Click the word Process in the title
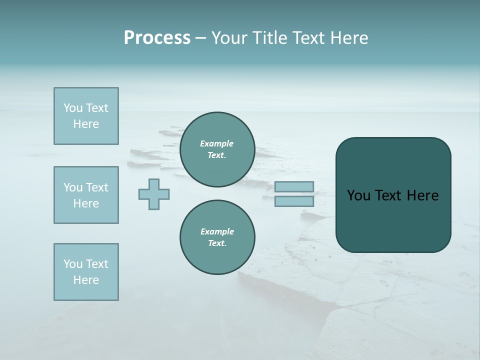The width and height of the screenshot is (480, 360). (x=157, y=38)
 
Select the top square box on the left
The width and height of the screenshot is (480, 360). (x=86, y=116)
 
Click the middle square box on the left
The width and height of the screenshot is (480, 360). (x=86, y=195)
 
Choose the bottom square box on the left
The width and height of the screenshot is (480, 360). (x=86, y=272)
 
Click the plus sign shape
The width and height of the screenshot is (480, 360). (x=154, y=194)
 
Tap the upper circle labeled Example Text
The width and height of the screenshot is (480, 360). (x=217, y=149)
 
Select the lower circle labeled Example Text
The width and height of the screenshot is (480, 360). (x=217, y=237)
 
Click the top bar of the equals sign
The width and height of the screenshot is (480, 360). (x=294, y=187)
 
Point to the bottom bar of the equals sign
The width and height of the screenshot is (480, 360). (x=294, y=201)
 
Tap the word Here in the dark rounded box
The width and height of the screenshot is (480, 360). (x=422, y=195)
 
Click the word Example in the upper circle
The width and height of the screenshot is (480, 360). (x=216, y=143)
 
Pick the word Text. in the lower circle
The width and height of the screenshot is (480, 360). (x=217, y=243)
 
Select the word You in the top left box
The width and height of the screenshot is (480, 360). (x=73, y=108)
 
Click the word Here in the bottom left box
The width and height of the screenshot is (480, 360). (x=86, y=280)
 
